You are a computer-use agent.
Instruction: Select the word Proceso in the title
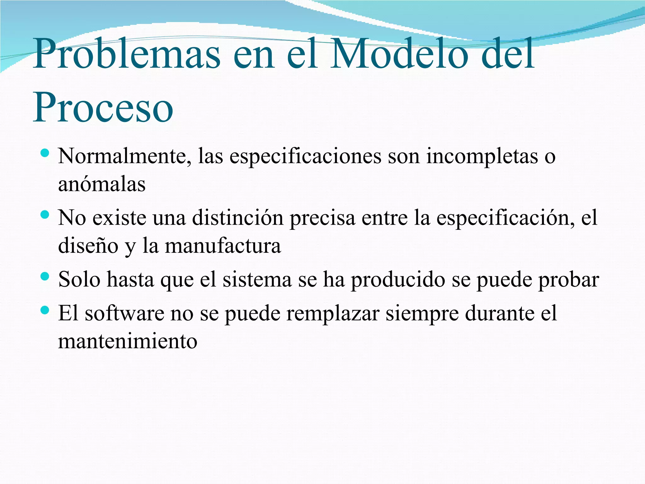[x=103, y=107]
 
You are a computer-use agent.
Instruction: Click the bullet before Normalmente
[x=45, y=153]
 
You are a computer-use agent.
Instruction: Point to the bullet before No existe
[x=45, y=215]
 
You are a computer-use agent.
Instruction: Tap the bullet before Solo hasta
[x=45, y=277]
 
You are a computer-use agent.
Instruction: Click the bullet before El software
[x=45, y=311]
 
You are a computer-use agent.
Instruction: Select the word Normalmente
[x=125, y=156]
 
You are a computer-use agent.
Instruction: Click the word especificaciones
[x=305, y=156]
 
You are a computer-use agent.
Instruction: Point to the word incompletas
[x=482, y=156]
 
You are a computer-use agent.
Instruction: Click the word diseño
[x=88, y=246]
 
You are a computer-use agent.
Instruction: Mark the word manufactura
[x=223, y=246]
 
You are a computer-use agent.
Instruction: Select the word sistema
[x=257, y=280]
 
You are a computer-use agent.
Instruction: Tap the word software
[x=125, y=314]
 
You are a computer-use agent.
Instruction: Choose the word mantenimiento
[x=128, y=341]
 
